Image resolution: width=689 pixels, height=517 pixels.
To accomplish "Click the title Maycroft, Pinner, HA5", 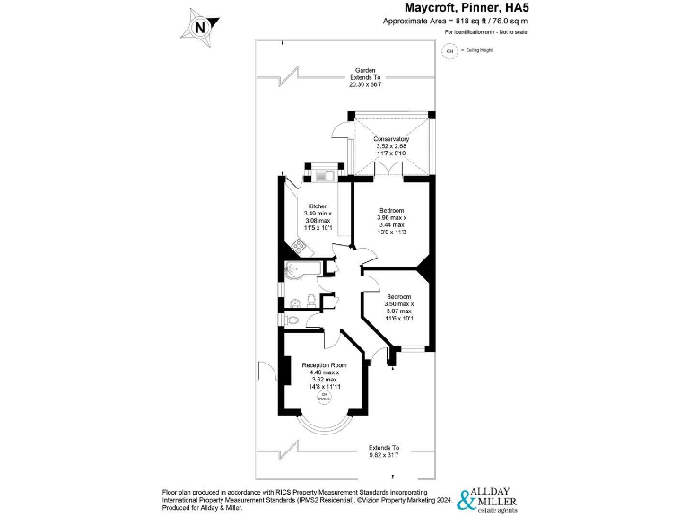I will (x=456, y=8).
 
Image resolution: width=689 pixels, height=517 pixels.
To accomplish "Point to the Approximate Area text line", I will (x=456, y=20).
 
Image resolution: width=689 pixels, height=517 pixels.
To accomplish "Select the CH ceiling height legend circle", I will (x=449, y=51).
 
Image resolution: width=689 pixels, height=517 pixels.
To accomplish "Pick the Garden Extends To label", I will (x=364, y=76).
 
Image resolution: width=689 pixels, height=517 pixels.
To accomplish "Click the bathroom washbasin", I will (x=294, y=302).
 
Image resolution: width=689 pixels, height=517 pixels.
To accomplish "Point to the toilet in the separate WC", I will (x=291, y=320).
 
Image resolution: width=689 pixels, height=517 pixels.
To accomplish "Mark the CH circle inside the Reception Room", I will (x=326, y=396).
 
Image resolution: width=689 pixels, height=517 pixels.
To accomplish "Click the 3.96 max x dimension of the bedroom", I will (x=392, y=218).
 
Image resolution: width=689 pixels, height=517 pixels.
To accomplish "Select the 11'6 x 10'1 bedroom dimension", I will (x=399, y=318).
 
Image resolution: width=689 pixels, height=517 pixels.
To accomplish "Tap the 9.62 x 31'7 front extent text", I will (x=382, y=455).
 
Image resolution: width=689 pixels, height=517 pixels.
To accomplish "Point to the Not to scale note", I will (x=485, y=32).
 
